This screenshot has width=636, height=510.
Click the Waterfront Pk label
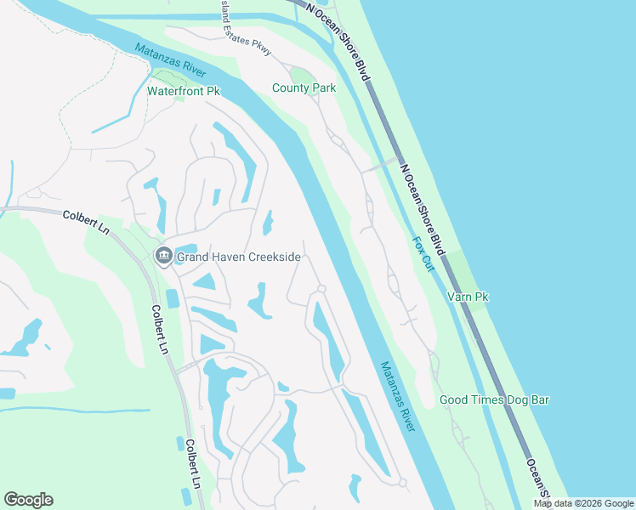pyautogui.click(x=184, y=91)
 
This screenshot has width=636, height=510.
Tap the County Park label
pyautogui.click(x=304, y=88)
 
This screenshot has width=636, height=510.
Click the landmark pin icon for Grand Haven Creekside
pyautogui.click(x=163, y=255)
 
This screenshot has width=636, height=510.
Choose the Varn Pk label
pyautogui.click(x=468, y=297)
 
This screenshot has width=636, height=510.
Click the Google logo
pyautogui.click(x=28, y=500)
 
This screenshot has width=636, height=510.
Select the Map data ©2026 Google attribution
pyautogui.click(x=584, y=503)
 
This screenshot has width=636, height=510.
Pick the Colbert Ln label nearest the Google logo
pyautogui.click(x=192, y=464)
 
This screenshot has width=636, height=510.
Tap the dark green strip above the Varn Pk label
pyautogui.click(x=460, y=269)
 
